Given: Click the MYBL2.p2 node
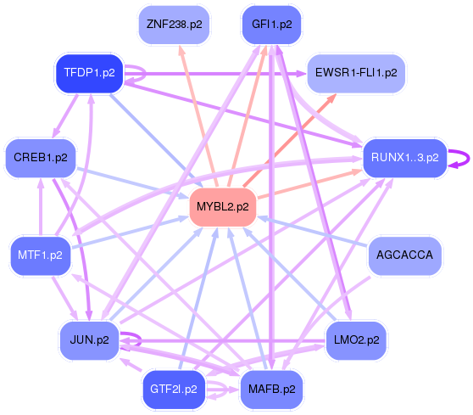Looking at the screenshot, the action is (x=223, y=207).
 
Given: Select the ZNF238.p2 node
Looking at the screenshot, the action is (x=174, y=25).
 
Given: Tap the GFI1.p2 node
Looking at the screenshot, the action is (x=272, y=25).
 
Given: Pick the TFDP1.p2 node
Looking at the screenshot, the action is (x=90, y=73).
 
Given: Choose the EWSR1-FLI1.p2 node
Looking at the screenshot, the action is (x=356, y=73).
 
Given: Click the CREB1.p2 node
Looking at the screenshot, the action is (x=41, y=158).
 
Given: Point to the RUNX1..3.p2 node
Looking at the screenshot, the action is (x=405, y=158).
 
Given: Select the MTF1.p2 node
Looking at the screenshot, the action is (x=41, y=255).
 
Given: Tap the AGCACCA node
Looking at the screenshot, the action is (x=405, y=255).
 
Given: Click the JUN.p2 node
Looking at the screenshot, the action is (x=90, y=340).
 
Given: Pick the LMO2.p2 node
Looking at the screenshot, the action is (x=356, y=340).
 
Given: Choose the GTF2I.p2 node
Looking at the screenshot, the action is (x=174, y=390).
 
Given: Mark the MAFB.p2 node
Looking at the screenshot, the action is (x=272, y=390).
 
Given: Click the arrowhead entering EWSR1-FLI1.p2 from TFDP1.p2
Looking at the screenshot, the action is (x=302, y=73).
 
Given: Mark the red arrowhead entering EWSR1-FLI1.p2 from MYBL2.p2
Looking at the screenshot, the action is (x=331, y=98).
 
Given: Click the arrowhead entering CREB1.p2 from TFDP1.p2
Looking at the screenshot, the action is (x=56, y=133).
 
